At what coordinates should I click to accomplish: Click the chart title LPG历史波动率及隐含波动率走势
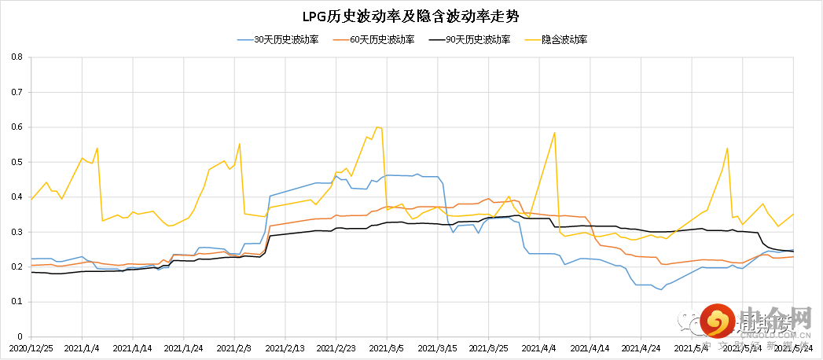[x=411, y=15]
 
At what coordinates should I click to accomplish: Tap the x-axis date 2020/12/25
[x=31, y=346]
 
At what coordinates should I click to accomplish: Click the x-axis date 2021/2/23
[x=337, y=346]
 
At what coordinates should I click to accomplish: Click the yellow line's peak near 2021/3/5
[x=377, y=127]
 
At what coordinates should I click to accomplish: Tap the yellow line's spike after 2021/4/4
[x=554, y=132]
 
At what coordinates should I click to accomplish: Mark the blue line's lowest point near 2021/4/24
[x=661, y=289]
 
